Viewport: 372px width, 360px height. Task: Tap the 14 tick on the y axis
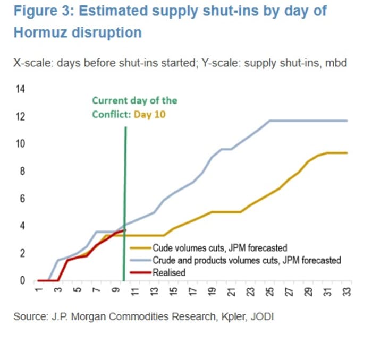pyautogui.click(x=21, y=89)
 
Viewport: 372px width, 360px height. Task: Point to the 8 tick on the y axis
pyautogui.click(x=23, y=172)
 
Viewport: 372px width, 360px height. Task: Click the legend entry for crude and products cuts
pyautogui.click(x=246, y=260)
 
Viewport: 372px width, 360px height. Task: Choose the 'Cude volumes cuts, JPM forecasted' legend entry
pyautogui.click(x=219, y=247)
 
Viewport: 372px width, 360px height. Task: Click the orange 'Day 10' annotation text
pyautogui.click(x=150, y=114)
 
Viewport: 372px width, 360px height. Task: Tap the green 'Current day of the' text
pyautogui.click(x=134, y=100)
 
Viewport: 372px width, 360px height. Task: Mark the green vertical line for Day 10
pyautogui.click(x=125, y=202)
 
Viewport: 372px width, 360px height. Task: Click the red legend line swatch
pyautogui.click(x=140, y=273)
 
